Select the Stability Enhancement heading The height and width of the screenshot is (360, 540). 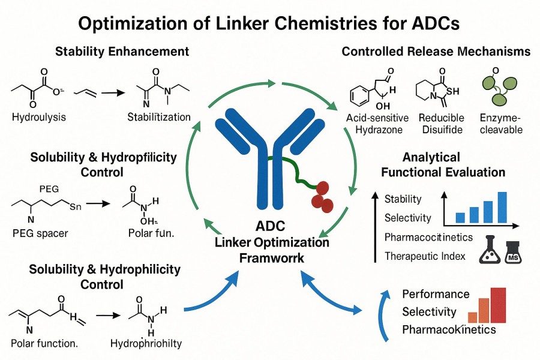click(122, 52)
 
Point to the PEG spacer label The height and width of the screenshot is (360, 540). click(41, 232)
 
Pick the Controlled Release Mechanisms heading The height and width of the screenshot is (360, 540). click(436, 52)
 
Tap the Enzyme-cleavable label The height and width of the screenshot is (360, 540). click(502, 124)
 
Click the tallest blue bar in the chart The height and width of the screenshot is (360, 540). click(502, 208)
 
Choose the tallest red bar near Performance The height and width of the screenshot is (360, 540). click(498, 305)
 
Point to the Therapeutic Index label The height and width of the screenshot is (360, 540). click(425, 256)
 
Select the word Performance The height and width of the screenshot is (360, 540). click(436, 294)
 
